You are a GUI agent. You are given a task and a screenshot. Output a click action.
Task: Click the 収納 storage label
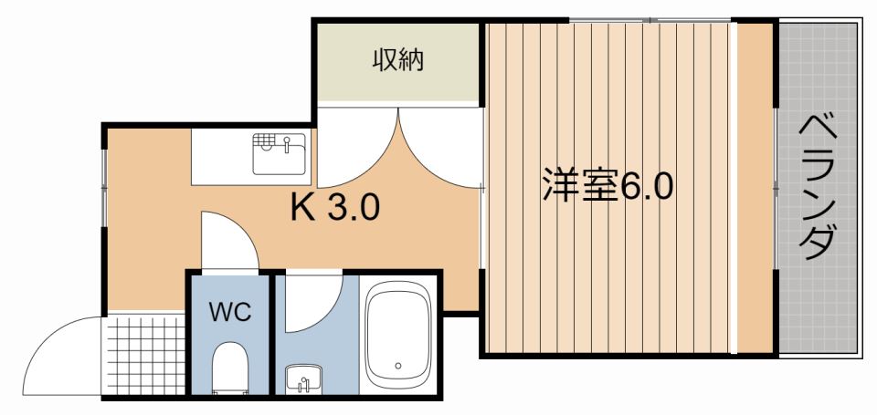click(397, 61)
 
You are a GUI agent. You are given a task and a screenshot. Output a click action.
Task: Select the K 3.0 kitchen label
click(334, 210)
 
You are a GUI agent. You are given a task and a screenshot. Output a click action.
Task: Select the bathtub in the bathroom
click(398, 336)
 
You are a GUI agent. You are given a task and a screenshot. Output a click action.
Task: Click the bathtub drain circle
click(398, 367)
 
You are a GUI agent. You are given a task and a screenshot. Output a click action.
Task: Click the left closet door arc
click(356, 146)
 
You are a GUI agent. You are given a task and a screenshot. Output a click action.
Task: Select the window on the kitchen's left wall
click(104, 179)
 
